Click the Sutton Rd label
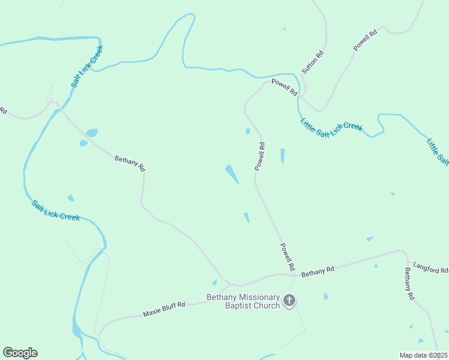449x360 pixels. [313, 62]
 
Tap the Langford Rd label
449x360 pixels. [430, 267]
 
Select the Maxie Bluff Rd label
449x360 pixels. [164, 309]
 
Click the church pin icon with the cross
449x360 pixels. [289, 300]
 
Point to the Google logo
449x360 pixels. [20, 353]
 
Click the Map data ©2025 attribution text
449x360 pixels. [424, 355]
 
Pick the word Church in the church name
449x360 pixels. [267, 306]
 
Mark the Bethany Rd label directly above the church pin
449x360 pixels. [318, 272]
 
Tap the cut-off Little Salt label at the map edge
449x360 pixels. [438, 151]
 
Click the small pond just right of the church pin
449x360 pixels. [326, 296]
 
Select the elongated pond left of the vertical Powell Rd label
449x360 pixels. [232, 175]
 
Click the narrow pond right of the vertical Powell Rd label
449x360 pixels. [282, 156]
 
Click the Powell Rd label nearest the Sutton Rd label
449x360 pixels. [284, 88]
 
